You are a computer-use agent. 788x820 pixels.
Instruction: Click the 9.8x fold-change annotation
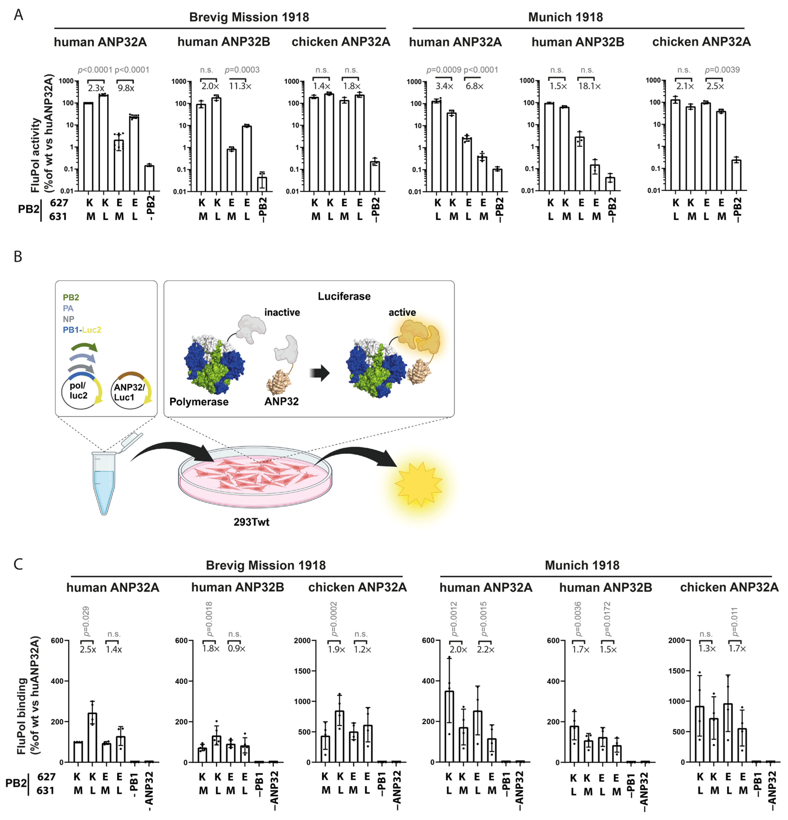(126, 88)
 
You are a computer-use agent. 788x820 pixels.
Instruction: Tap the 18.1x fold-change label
(589, 86)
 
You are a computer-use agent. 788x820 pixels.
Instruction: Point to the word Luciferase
(344, 296)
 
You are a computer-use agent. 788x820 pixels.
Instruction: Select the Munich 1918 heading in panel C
(582, 565)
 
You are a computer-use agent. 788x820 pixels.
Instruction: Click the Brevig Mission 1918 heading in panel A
(249, 17)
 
